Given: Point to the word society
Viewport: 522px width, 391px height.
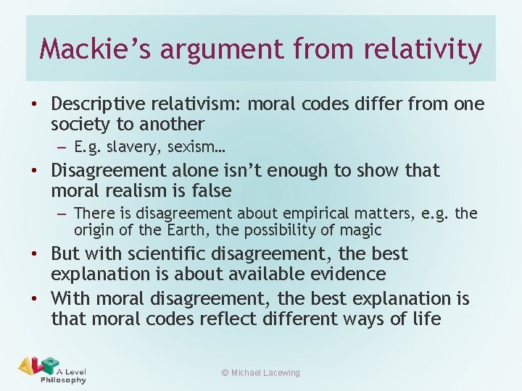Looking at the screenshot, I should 81,125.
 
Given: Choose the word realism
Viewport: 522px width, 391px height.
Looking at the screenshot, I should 136,191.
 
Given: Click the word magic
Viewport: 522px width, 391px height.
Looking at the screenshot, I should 360,230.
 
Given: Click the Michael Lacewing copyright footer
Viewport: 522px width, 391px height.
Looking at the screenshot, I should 260,373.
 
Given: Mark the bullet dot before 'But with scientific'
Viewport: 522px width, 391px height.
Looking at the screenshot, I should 33,255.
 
